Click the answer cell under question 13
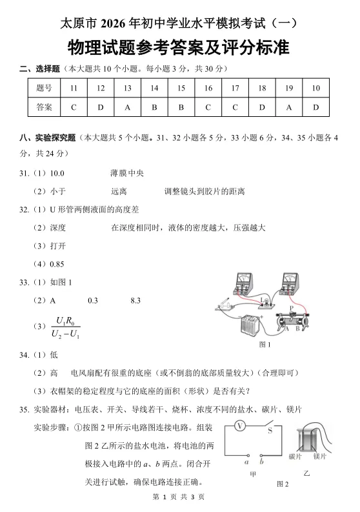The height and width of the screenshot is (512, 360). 127,107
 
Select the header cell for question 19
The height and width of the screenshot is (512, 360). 288,88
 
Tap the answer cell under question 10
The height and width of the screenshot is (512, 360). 315,107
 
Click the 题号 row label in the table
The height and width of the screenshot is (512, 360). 45,88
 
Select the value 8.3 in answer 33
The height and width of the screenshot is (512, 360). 135,300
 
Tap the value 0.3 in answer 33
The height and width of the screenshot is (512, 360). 92,300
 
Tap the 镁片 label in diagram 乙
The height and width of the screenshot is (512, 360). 319,456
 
